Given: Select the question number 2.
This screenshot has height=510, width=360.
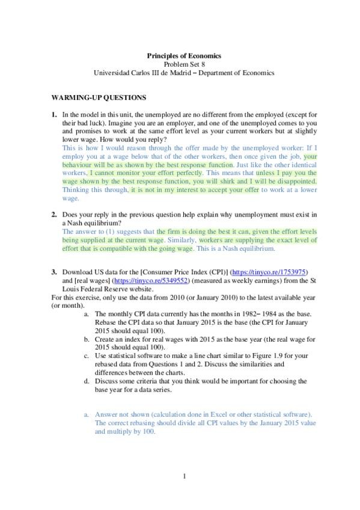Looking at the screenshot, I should [x=53, y=214].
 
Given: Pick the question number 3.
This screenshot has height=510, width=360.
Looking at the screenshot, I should [x=53, y=272].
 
